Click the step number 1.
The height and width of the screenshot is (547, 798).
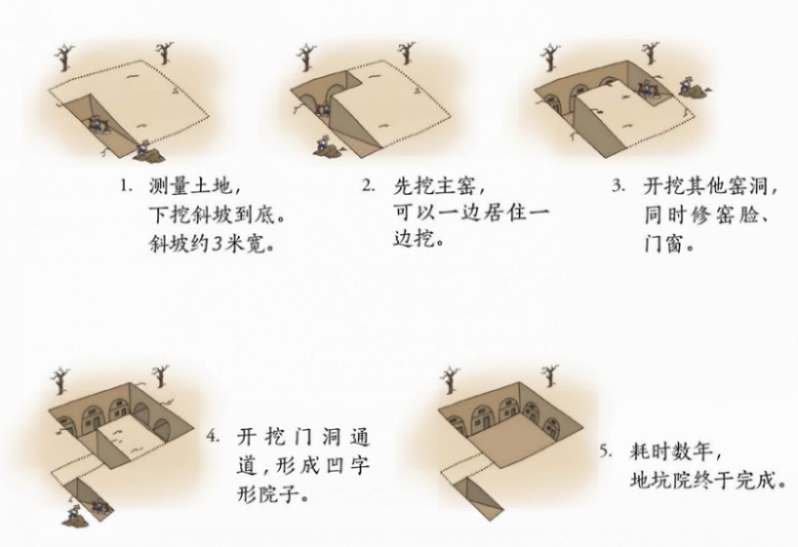pos(125,187)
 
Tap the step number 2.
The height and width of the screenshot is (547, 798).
pos(368,185)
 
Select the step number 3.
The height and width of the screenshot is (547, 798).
pos(619,186)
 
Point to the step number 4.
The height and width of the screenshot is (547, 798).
pos(213,437)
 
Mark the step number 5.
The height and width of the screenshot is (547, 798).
pos(606,451)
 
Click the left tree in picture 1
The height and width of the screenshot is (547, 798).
pos(64,58)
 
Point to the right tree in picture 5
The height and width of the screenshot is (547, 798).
pos(551,375)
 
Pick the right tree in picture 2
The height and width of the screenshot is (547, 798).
pos(407,53)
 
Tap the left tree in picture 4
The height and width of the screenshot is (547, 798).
pos(60,381)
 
